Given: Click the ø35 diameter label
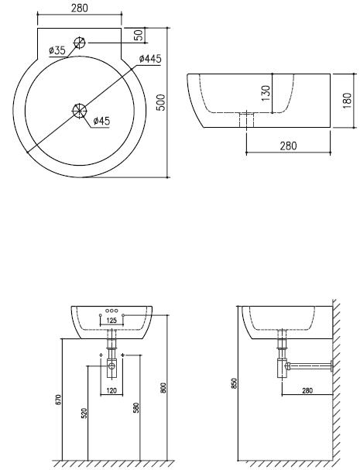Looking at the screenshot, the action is click(57, 50).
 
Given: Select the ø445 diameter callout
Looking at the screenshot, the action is click(150, 59).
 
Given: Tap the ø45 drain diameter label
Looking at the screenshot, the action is click(101, 121).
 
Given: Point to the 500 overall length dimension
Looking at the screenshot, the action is click(161, 102).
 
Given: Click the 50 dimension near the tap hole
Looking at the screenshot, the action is click(139, 35).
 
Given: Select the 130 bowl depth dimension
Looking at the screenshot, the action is click(266, 93).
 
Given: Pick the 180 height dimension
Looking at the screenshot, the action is click(347, 101).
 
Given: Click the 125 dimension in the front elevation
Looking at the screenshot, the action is click(111, 321).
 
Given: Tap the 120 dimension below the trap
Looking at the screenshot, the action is click(111, 390).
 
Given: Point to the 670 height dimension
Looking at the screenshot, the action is click(58, 400).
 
